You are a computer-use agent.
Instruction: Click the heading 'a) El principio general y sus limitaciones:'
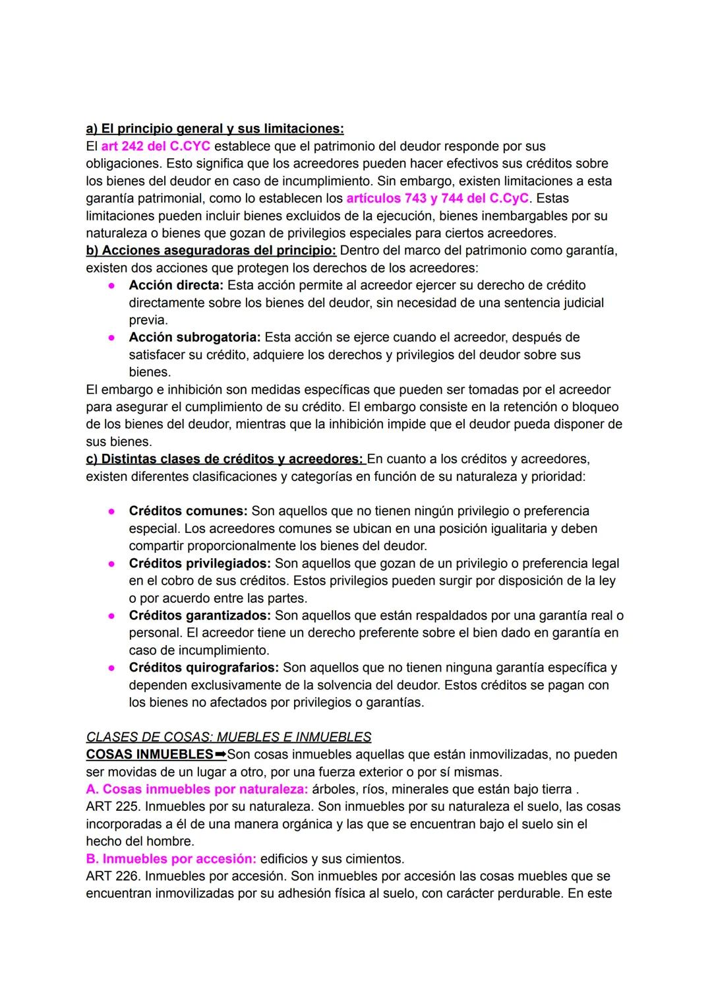[215, 128]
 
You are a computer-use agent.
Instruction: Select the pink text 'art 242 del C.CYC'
[156, 146]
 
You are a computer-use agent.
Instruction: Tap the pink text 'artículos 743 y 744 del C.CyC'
[437, 198]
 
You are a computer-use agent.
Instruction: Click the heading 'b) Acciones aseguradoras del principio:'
[211, 251]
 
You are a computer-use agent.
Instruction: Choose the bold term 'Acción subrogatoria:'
[194, 337]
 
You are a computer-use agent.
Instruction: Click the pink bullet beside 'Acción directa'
[113, 286]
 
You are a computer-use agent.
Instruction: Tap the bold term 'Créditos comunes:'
[188, 511]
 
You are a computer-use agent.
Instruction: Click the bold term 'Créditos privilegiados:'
[200, 563]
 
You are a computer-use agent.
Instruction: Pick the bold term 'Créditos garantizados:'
[200, 615]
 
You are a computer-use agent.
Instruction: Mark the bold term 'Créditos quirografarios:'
[204, 668]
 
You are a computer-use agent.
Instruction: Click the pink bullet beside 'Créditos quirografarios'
[113, 668]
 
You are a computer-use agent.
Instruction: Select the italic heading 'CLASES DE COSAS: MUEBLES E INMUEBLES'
[229, 737]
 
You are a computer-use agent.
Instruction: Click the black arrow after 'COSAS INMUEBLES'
[220, 754]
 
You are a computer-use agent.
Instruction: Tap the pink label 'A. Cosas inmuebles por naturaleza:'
[196, 789]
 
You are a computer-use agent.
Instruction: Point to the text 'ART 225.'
[113, 806]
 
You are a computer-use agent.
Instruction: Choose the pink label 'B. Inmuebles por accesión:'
[171, 859]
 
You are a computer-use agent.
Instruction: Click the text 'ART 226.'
[113, 876]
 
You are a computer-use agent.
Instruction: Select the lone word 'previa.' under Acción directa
[148, 320]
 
